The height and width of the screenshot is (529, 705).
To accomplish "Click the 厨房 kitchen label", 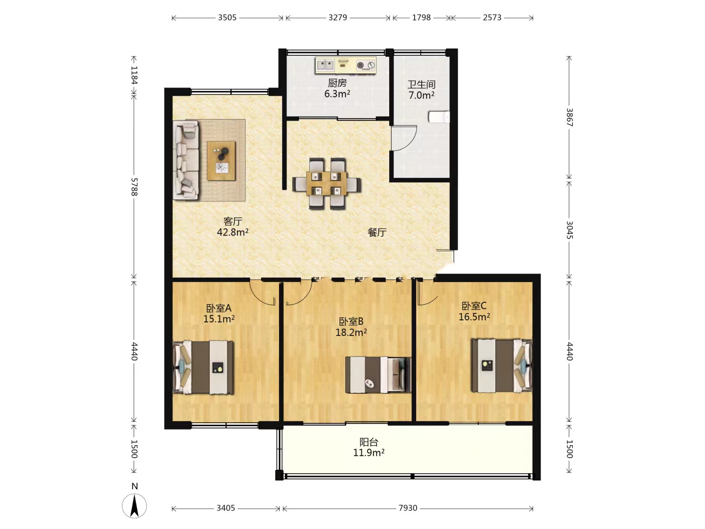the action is [337, 83].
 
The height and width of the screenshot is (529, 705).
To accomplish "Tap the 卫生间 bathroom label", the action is [422, 84].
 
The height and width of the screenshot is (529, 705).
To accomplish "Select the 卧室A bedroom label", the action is [218, 309].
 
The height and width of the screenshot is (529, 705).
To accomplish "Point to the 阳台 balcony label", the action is [368, 442].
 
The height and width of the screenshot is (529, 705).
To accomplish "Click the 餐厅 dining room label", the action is [377, 232].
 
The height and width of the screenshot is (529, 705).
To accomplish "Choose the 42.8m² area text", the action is [233, 232].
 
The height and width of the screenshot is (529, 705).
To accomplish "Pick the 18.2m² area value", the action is [351, 333].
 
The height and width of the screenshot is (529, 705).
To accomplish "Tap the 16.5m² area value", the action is [474, 317].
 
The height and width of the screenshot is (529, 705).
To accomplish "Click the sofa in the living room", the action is [186, 160].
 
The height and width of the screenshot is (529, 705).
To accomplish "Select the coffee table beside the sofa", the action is [221, 161].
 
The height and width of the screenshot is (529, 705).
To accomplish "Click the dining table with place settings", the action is [327, 183].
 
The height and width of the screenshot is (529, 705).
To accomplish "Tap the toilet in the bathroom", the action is [439, 117].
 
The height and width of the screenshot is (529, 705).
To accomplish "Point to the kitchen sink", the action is [325, 65].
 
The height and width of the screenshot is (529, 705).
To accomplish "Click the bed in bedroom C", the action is [502, 365].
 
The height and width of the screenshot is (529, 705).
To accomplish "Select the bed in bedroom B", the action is [378, 375].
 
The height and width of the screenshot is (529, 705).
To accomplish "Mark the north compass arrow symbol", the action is [134, 506].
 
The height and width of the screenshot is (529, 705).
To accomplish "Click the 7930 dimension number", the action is [408, 508].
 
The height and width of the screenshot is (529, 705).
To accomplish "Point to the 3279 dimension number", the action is [337, 17].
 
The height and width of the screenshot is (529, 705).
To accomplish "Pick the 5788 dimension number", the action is [134, 187].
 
